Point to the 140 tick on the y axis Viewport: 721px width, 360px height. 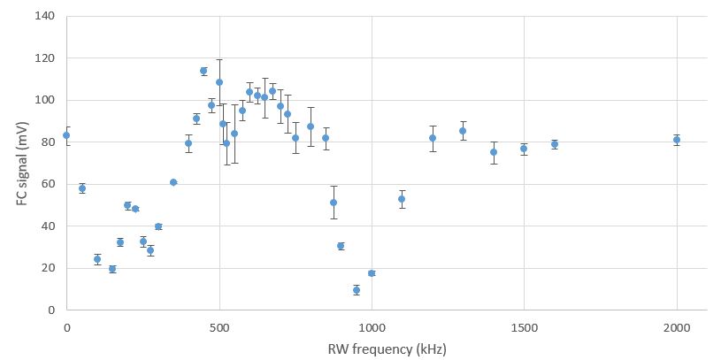[44, 17]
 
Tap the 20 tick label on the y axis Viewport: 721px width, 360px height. [47, 268]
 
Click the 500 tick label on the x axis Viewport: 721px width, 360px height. [219, 327]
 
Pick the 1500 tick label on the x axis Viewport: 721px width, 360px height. [524, 327]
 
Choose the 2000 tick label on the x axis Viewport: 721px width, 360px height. [677, 327]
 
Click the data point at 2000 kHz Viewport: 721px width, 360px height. [677, 140]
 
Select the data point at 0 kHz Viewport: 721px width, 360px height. [66, 135]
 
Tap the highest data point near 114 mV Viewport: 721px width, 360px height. [203, 71]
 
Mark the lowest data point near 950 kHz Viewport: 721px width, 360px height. [357, 289]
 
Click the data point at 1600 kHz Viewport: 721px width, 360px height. [555, 144]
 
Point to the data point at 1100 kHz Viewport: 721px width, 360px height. [402, 199]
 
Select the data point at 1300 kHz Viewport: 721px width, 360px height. [463, 131]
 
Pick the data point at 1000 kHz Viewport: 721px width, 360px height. [372, 273]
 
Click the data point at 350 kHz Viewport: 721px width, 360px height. [173, 182]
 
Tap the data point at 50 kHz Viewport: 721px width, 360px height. [81, 188]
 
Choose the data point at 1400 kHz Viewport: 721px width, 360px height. [494, 152]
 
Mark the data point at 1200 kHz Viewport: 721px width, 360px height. [433, 138]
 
